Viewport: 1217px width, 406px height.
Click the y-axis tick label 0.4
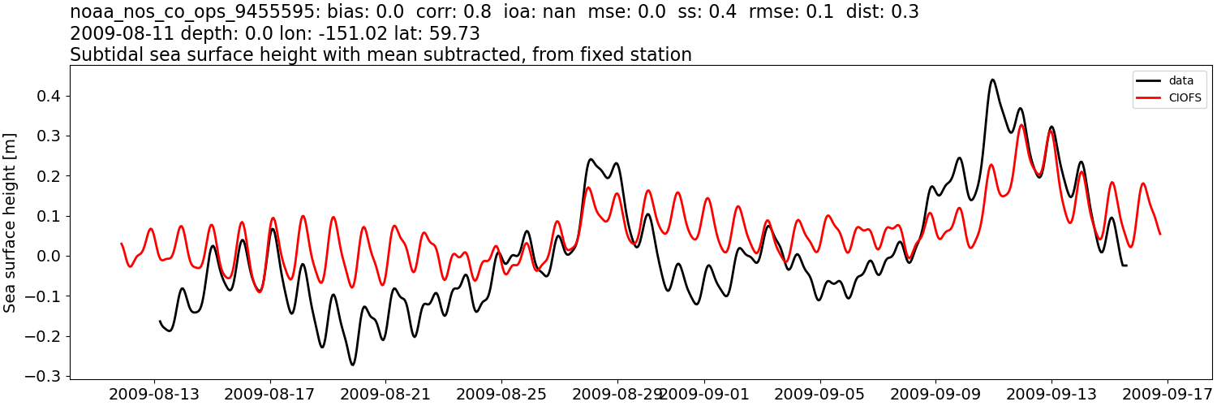point(49,96)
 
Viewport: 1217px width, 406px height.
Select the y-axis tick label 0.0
point(49,257)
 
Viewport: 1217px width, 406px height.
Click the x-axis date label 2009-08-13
point(153,394)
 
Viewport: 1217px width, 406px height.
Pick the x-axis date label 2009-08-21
point(385,394)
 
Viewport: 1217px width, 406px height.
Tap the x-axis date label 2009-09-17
point(1168,394)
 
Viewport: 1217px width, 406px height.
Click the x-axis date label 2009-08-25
point(501,394)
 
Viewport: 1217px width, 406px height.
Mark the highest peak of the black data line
point(992,80)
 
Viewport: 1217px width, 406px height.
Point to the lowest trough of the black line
point(352,365)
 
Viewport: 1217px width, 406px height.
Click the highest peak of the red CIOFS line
point(1021,124)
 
